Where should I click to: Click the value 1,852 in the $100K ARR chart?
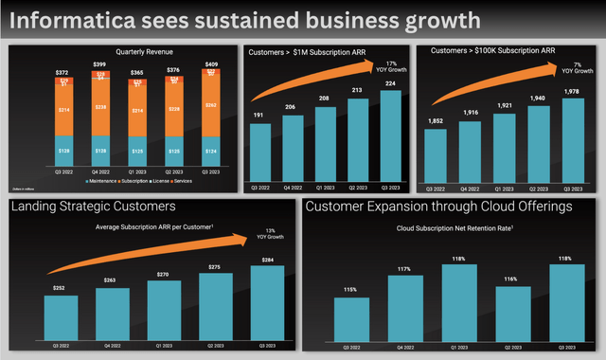click(436, 120)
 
